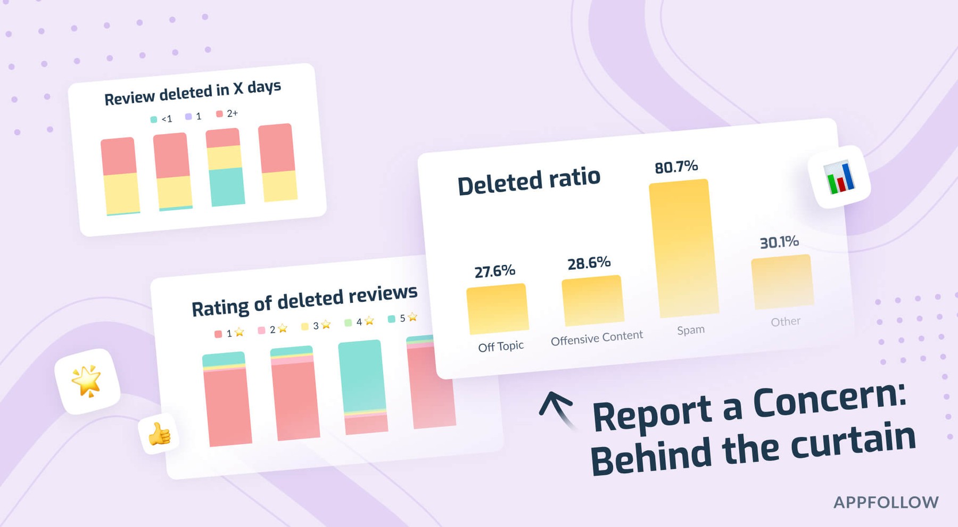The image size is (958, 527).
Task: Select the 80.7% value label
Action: coord(676,167)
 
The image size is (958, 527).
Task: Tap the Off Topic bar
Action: coord(497,309)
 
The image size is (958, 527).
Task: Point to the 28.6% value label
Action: coord(589,263)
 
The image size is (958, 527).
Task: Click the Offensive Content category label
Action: coord(597,338)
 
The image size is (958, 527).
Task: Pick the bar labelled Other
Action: coord(782,282)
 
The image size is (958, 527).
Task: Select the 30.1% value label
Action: coord(779,243)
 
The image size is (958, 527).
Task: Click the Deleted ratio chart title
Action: coord(528,181)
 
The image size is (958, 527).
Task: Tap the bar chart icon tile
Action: coord(839,177)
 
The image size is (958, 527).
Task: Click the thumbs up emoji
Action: coord(159,434)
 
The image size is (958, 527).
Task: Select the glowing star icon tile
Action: coord(87,381)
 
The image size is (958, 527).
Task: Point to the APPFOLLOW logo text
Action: coord(886,503)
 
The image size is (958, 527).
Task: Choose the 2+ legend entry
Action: coord(227,114)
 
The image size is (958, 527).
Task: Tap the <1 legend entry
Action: coord(162,119)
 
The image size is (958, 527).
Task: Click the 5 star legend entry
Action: coord(402,318)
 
